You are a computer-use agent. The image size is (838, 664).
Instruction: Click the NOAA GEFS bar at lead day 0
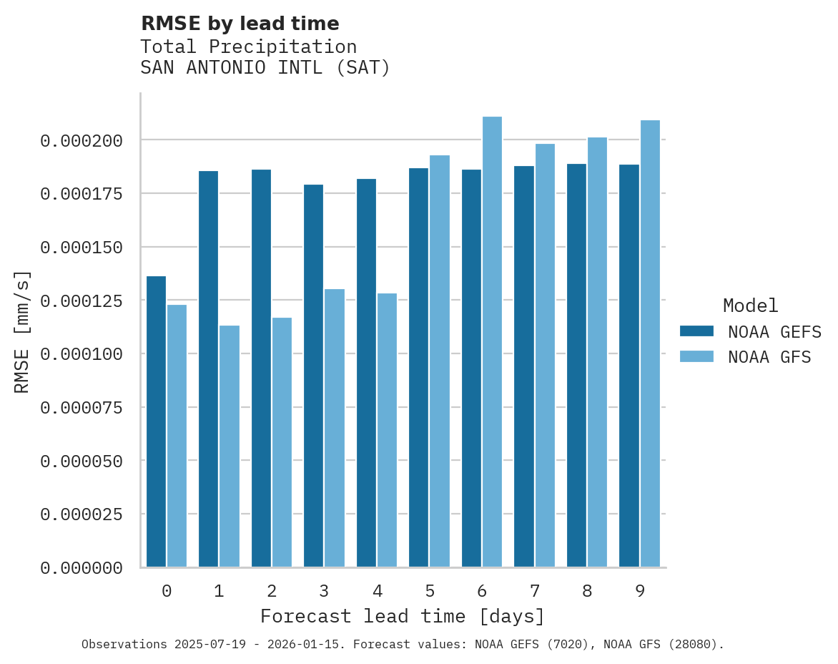156,421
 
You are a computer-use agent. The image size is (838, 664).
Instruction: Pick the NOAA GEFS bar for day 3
313,376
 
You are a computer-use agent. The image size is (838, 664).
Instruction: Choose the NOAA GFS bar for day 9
650,343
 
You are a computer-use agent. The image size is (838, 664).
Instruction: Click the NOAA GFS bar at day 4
387,430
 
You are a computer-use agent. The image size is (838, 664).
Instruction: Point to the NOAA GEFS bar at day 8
576,365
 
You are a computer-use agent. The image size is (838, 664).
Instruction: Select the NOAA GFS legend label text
769,356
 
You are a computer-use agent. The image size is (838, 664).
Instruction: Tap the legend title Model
750,306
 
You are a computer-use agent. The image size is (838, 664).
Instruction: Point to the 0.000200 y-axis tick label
81,140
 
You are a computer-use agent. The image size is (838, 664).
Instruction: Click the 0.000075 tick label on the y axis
81,408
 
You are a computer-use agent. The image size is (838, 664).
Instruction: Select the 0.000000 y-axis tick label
81,568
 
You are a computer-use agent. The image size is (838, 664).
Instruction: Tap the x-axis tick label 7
534,591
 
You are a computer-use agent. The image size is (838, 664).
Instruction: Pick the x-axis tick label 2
272,591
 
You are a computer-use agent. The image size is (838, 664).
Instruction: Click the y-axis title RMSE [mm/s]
23,331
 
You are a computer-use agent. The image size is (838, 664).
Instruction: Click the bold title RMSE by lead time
240,24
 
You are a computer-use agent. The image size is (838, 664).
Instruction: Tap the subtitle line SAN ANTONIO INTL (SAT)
265,68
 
